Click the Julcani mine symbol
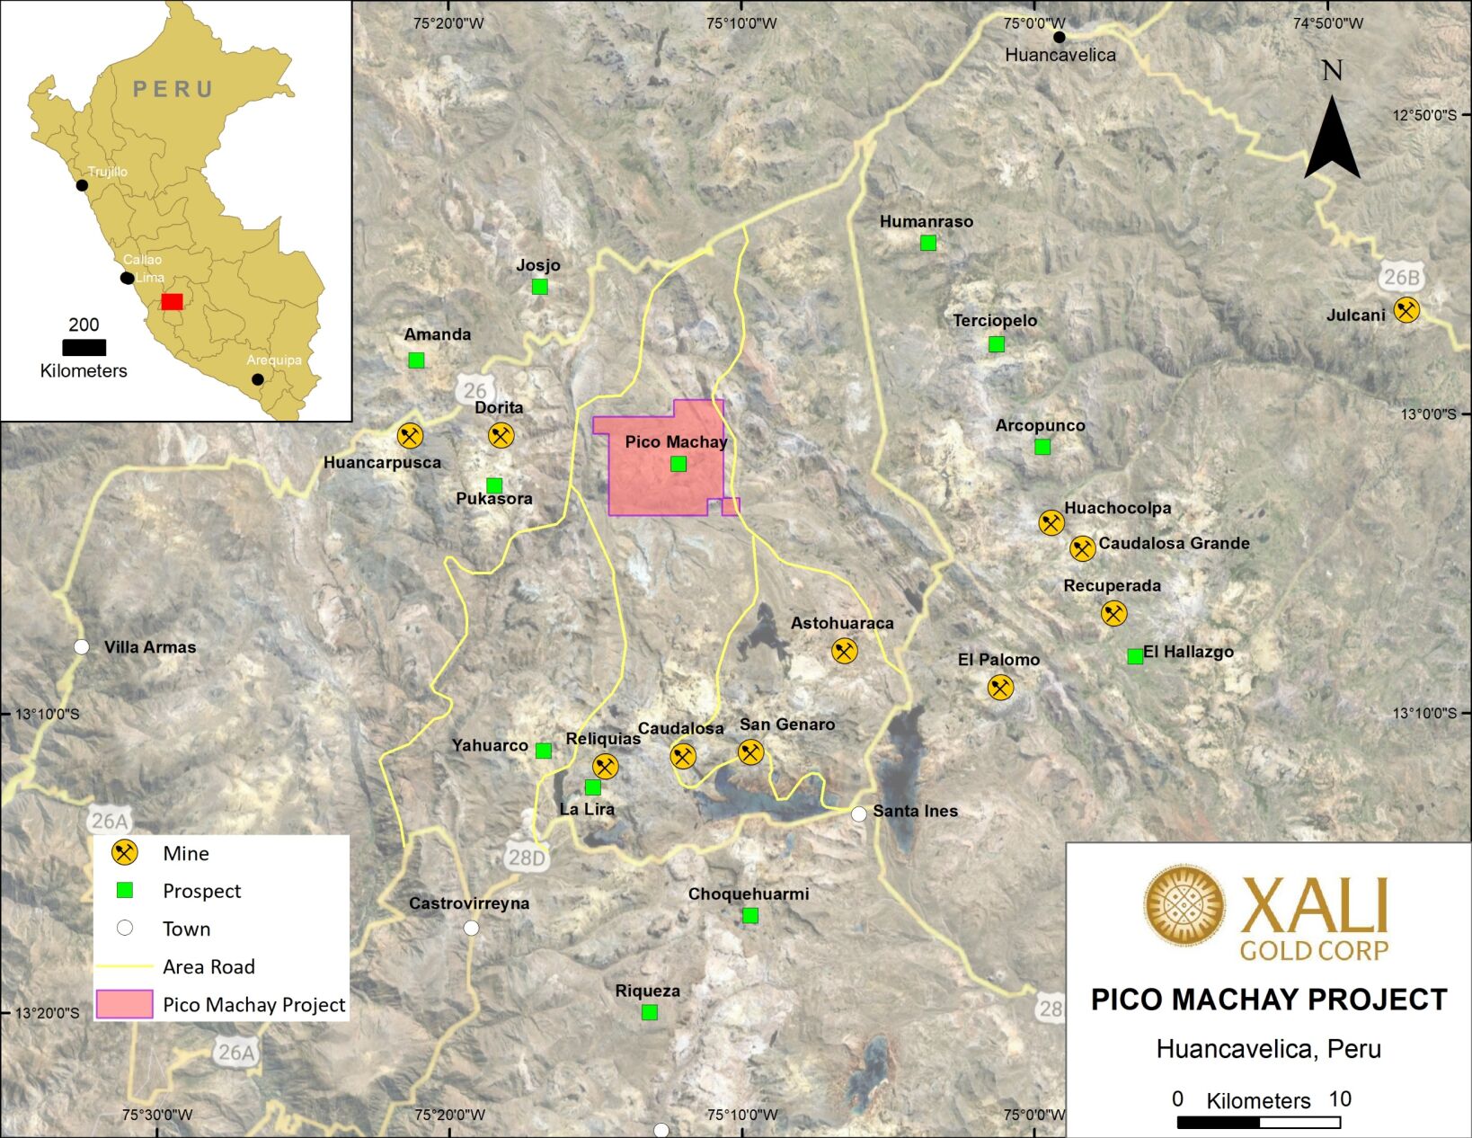[1405, 310]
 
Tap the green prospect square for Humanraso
[928, 243]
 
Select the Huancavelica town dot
[1060, 37]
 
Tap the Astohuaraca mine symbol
[844, 651]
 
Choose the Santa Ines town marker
[859, 814]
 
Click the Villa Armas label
[149, 647]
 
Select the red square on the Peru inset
[172, 301]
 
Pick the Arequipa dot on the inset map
[258, 379]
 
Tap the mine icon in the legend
[124, 853]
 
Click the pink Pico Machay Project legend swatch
[124, 1005]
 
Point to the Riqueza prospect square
[649, 1012]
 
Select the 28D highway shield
[527, 858]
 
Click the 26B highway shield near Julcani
[1401, 277]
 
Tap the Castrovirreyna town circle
[471, 928]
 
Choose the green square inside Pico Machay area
[678, 464]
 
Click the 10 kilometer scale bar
[1258, 1122]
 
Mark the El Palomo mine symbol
[1000, 688]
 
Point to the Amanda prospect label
[438, 334]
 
